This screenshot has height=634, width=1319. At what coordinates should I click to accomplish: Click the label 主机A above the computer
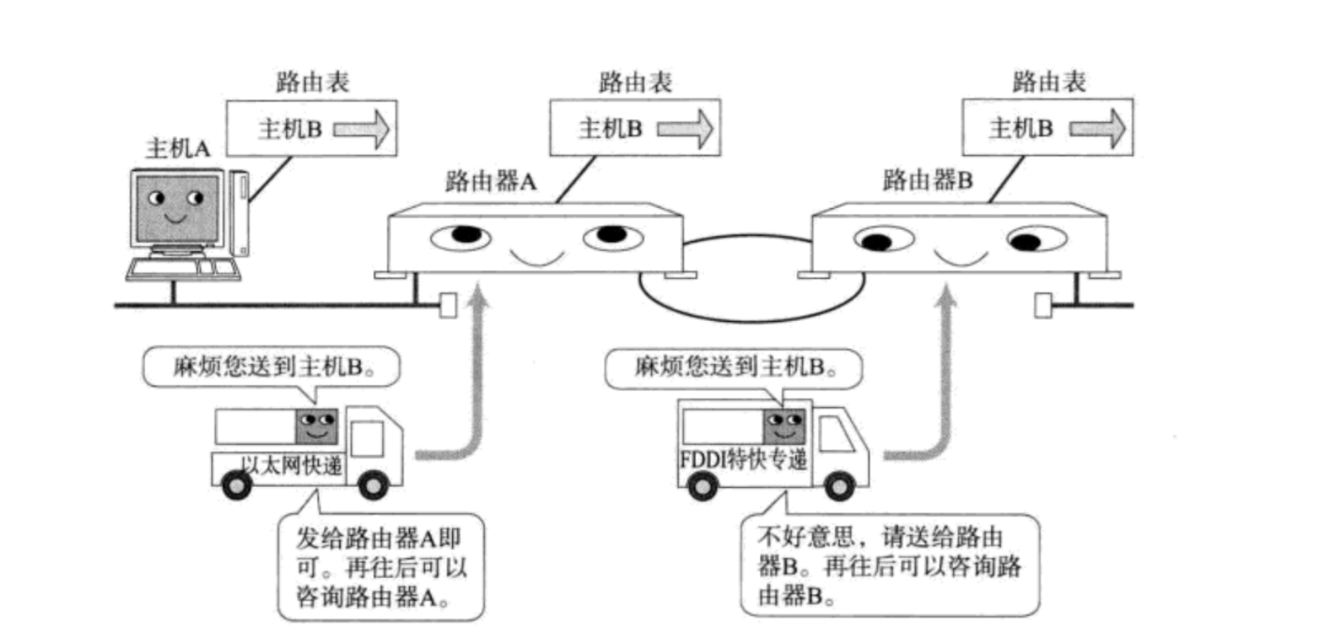coord(177,149)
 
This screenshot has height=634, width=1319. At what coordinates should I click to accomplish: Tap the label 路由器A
coord(491,182)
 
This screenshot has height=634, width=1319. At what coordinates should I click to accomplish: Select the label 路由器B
coord(927,180)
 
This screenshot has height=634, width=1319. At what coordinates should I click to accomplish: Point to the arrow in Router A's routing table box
coord(685,129)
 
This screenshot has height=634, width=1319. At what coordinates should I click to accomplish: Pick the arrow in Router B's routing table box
coord(1098,129)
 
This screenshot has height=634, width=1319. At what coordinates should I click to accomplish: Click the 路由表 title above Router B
coord(1048,81)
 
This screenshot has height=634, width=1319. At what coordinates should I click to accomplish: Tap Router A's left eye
coord(461,236)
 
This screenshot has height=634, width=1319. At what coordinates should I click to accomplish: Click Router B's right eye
coord(1035,240)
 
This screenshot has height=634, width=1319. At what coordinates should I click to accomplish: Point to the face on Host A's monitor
coord(176,206)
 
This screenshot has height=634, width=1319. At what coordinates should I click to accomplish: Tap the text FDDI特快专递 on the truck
coord(742,460)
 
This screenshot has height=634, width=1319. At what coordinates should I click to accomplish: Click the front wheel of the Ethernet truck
coord(372,484)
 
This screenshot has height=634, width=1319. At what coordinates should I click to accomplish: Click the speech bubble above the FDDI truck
coord(733,368)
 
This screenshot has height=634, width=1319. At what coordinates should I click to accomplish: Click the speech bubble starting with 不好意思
coord(889,565)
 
